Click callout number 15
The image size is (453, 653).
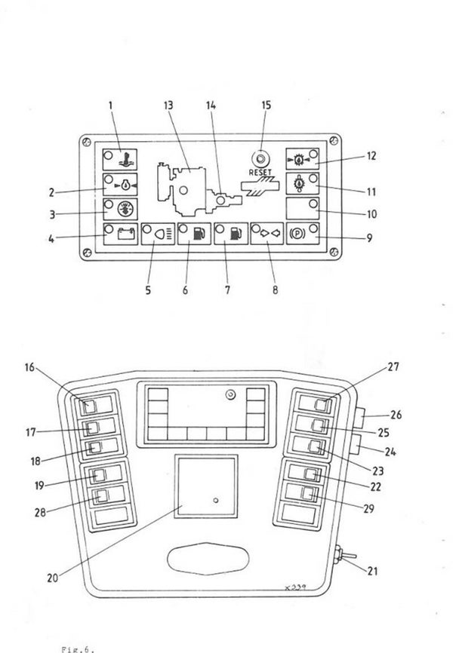click(x=265, y=106)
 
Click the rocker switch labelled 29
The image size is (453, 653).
click(x=308, y=495)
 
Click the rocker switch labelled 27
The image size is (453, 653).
click(x=324, y=406)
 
